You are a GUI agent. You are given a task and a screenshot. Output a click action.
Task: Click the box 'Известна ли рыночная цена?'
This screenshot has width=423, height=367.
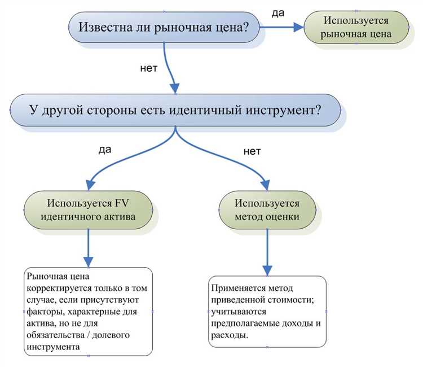click(164, 27)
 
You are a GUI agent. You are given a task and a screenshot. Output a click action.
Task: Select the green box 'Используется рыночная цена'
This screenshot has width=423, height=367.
click(356, 27)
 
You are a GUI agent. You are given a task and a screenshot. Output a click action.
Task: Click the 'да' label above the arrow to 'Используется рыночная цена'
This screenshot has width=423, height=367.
click(277, 12)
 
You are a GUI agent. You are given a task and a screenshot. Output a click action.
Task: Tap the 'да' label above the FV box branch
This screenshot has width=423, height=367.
click(105, 150)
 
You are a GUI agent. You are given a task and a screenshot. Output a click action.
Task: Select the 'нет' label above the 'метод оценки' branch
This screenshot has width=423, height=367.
click(252, 151)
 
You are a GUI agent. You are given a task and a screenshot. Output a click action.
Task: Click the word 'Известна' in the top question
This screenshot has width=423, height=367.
click(103, 27)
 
